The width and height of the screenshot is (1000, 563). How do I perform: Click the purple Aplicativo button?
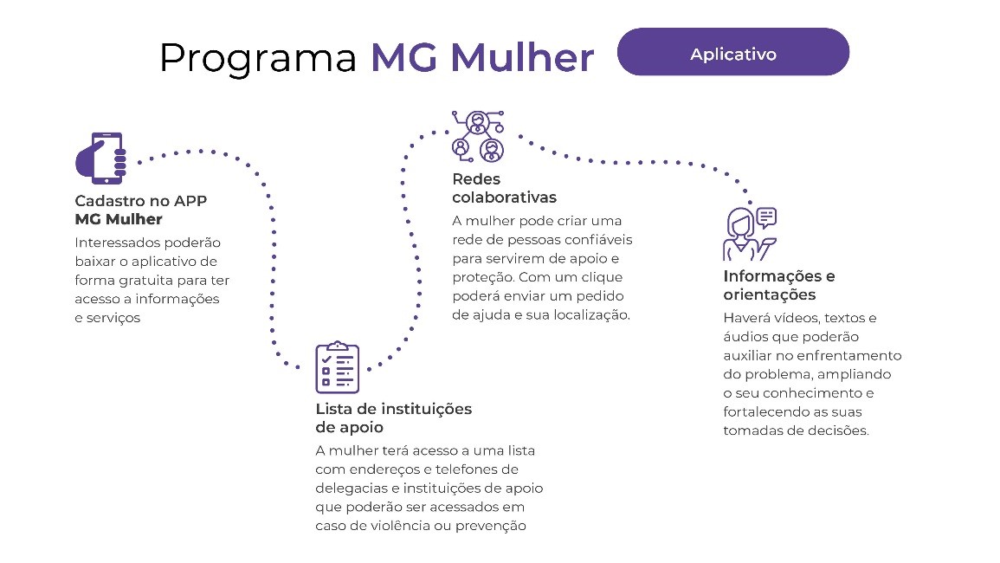[x=732, y=52]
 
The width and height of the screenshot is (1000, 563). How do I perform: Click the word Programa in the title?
[x=258, y=59]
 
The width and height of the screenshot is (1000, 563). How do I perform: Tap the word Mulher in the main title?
[x=522, y=57]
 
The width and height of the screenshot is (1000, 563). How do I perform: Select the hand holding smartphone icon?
[x=100, y=159]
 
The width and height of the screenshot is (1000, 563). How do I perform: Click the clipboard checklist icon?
[x=338, y=367]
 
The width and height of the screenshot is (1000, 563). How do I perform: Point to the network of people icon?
[x=478, y=136]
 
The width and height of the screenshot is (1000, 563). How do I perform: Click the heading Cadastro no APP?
[x=141, y=200]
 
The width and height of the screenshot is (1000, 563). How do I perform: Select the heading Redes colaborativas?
[x=504, y=188]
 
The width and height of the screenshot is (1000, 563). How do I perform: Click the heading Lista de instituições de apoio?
[x=393, y=418]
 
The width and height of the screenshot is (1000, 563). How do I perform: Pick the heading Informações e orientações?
[x=778, y=285]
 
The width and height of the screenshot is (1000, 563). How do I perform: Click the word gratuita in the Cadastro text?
[x=146, y=281]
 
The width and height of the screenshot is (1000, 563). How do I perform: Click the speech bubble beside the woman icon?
[x=766, y=217]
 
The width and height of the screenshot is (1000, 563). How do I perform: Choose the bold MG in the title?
[x=404, y=57]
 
